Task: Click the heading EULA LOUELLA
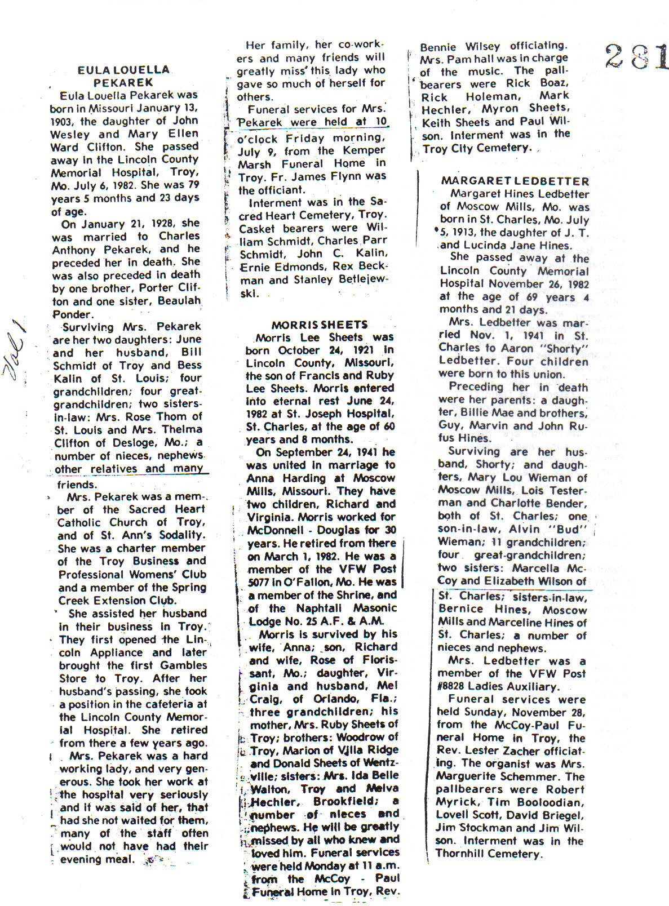(x=123, y=70)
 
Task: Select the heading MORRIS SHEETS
(x=319, y=325)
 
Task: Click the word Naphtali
(x=316, y=609)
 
